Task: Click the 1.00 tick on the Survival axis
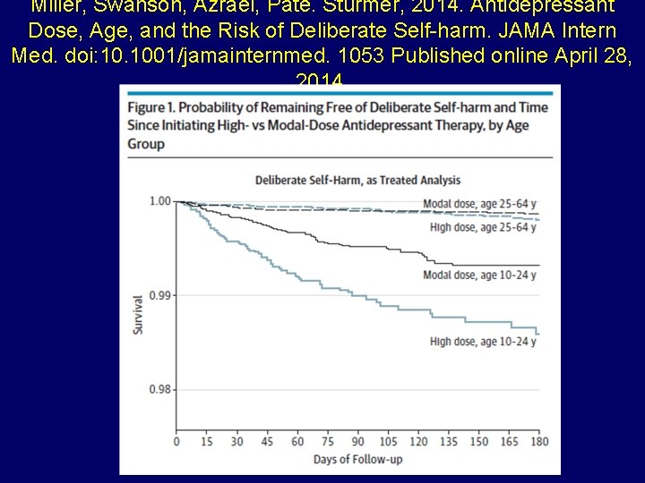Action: click(x=159, y=200)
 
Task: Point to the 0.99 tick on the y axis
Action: click(x=159, y=295)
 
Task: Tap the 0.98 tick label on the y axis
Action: click(x=159, y=389)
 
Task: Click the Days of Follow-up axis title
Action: click(x=357, y=460)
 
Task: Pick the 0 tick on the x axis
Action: click(x=176, y=442)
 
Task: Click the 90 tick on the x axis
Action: click(x=357, y=442)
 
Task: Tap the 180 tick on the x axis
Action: click(x=538, y=442)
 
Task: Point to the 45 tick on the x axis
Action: click(x=267, y=442)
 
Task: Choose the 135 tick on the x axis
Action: click(x=448, y=442)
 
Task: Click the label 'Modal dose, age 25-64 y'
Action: click(x=479, y=201)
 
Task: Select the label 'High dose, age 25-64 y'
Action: click(x=482, y=227)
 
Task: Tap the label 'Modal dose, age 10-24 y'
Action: click(x=479, y=275)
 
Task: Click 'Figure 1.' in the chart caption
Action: click(x=152, y=109)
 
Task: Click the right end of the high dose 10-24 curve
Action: click(x=538, y=334)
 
